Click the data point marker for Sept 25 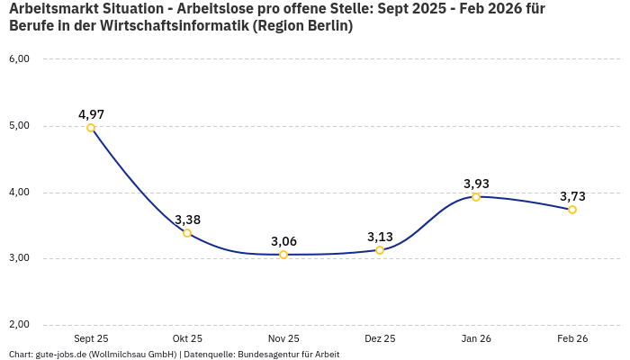tap(91, 128)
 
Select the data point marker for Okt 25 tap(187, 233)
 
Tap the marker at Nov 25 tap(283, 255)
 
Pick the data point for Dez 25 tap(380, 250)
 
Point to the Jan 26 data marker tap(476, 196)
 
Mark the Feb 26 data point tap(572, 210)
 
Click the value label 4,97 tap(91, 114)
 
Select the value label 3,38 tap(187, 220)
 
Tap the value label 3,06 tap(283, 241)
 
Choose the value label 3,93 tap(476, 184)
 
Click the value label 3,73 tap(572, 196)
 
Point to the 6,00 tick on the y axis tap(19, 59)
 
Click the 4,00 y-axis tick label tap(19, 193)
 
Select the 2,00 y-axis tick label tap(19, 325)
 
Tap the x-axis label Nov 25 tap(283, 338)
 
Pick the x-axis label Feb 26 tap(572, 338)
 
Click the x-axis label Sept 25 tap(91, 338)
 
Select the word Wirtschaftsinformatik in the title tap(170, 26)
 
